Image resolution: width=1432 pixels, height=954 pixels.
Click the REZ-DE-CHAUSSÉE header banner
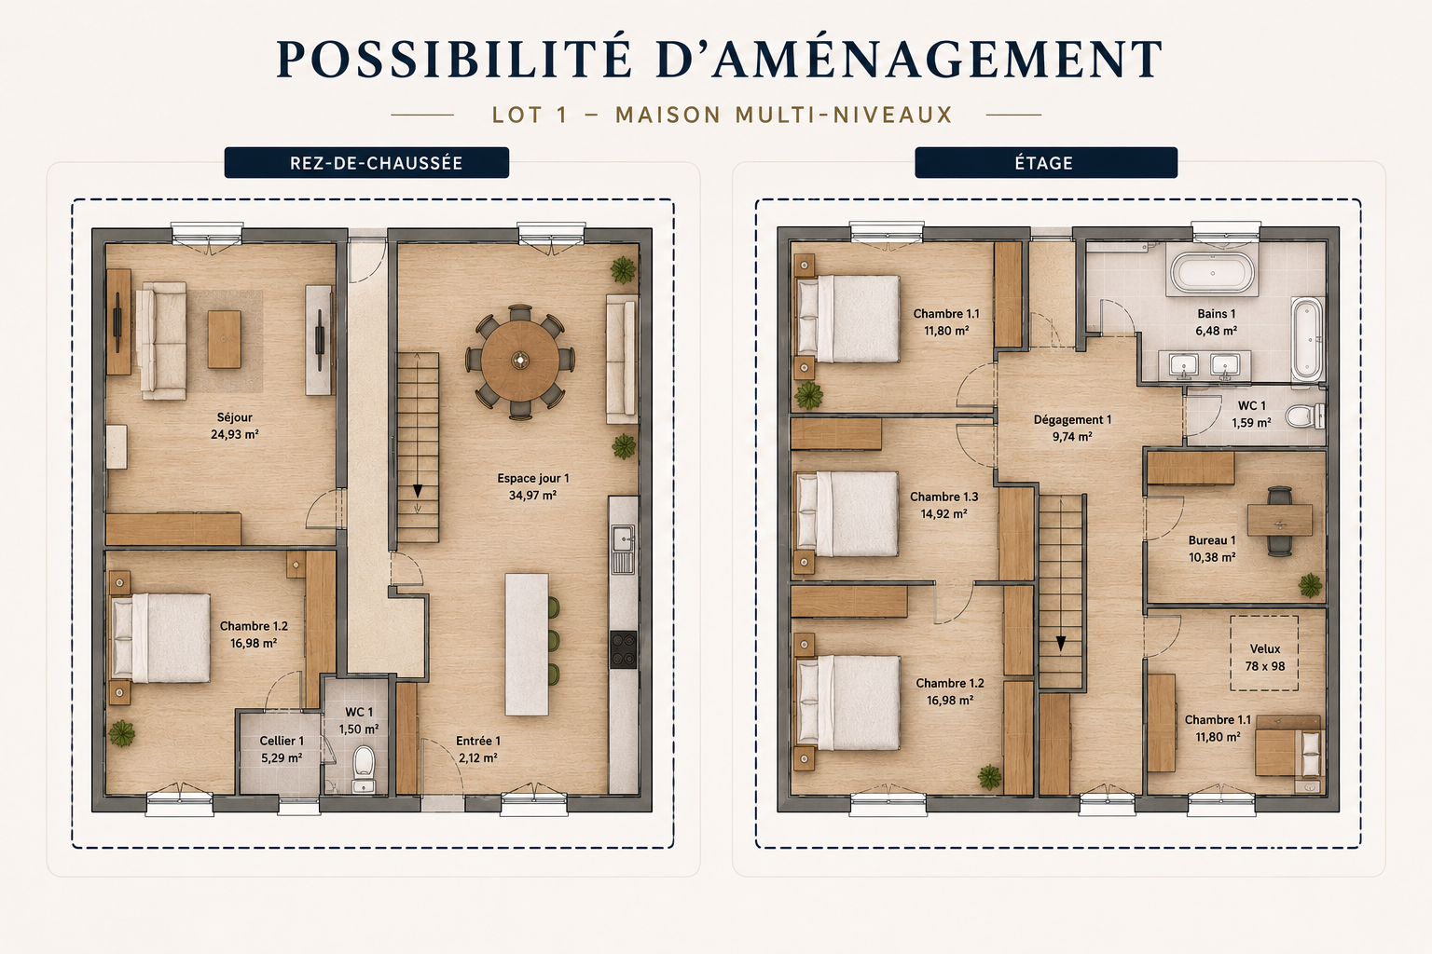366,162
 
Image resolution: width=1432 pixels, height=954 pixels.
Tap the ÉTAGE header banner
1046,162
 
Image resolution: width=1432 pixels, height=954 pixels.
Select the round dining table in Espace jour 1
519,361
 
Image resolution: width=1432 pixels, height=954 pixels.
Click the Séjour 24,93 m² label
235,426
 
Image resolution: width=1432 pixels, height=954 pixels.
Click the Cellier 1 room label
282,749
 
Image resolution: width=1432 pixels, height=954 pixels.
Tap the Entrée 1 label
478,749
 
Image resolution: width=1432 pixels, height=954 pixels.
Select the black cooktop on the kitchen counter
624,649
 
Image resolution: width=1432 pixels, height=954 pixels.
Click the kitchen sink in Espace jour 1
623,538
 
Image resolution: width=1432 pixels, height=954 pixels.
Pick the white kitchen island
527,644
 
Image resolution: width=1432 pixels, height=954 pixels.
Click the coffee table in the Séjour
225,339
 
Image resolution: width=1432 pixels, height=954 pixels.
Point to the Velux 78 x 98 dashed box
1264,653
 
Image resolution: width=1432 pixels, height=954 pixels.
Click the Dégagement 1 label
1072,429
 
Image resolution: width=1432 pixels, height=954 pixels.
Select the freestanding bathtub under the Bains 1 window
1212,273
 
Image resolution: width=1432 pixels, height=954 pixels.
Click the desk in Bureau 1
1280,521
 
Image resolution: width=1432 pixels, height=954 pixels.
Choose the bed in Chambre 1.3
847,513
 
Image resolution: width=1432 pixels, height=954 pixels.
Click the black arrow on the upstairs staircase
1061,644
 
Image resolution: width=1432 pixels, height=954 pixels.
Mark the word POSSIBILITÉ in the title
455,60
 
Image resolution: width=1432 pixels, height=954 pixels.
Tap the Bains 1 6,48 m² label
1216,322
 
